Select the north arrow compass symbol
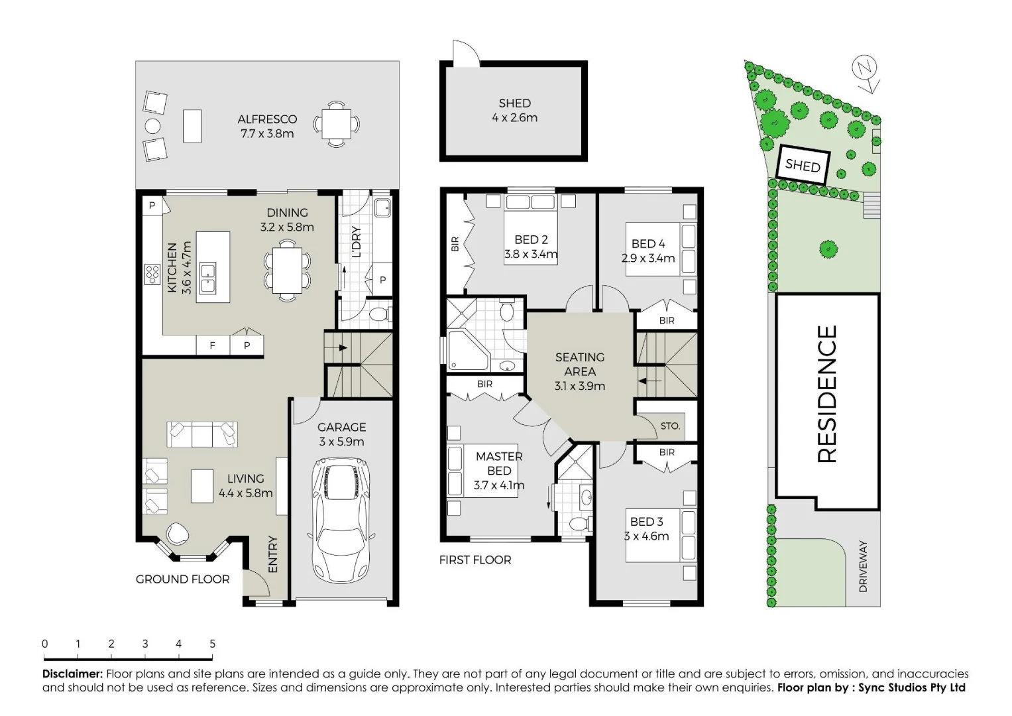tap(866, 72)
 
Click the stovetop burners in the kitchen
tap(152, 274)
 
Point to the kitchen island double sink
tap(207, 278)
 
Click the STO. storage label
tap(670, 426)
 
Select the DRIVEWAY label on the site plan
tap(863, 566)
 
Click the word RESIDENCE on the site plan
tap(827, 394)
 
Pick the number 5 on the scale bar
tap(212, 644)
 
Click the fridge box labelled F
tap(213, 345)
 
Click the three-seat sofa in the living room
tap(201, 434)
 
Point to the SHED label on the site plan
tap(803, 164)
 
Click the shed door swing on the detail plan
tap(465, 53)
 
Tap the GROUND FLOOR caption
tap(183, 579)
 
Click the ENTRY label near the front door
tap(272, 554)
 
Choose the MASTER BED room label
tap(499, 463)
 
